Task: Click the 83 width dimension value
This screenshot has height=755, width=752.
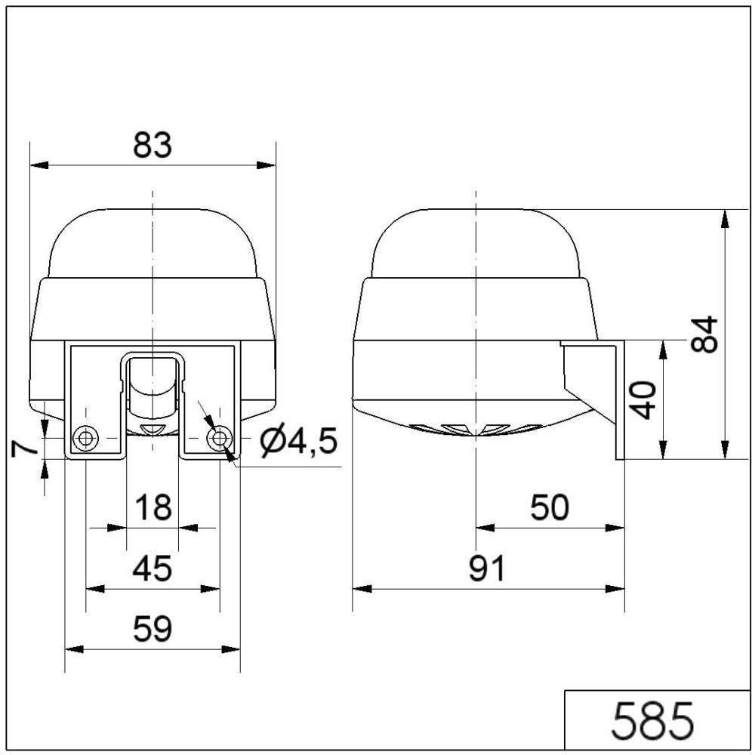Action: (153, 145)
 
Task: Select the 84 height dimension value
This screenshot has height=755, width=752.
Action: (704, 334)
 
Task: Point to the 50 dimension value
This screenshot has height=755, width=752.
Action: (549, 509)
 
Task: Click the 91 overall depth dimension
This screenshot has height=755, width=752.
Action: (487, 570)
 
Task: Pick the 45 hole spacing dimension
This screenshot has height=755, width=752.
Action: (153, 568)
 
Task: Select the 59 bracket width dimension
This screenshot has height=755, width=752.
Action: (153, 628)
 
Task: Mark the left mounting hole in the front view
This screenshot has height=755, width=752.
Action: (85, 439)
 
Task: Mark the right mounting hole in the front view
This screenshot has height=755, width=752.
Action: (220, 438)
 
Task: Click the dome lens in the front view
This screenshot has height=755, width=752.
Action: (153, 242)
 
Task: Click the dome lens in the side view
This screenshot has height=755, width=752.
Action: (476, 242)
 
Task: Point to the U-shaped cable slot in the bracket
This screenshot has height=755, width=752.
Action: (153, 385)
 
